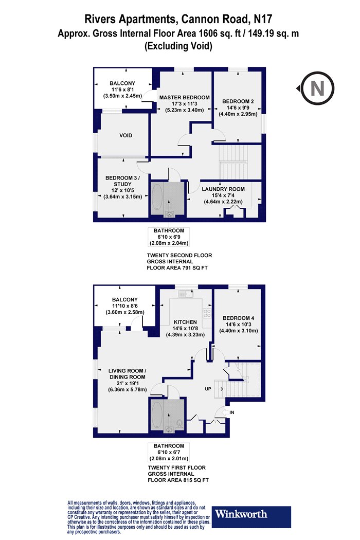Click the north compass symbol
pos(317,88)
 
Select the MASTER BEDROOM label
pos(184,98)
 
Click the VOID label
pos(125,135)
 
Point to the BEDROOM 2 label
pos(238,101)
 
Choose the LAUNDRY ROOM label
pos(223,189)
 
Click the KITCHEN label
pos(185,322)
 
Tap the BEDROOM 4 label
pos(239,318)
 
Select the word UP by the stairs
pos(208,389)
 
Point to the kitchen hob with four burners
pos(207,313)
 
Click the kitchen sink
pos(186,294)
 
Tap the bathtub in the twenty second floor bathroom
pos(157,197)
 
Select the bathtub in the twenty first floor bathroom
pos(157,415)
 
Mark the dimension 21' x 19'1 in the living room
pos(127,383)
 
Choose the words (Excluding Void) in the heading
pos(178,46)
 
